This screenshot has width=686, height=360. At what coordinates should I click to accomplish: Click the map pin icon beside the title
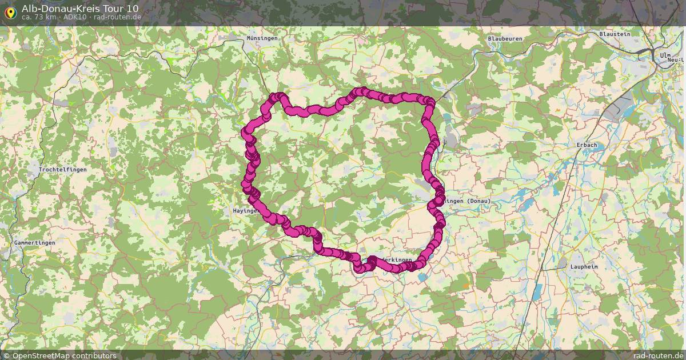click(x=10, y=11)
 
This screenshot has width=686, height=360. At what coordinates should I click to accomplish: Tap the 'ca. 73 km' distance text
click(x=39, y=17)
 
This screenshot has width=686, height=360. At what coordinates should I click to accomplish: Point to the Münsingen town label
click(x=262, y=38)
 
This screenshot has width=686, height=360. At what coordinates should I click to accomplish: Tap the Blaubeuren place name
click(x=505, y=39)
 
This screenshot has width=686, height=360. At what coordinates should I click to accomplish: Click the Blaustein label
click(x=615, y=34)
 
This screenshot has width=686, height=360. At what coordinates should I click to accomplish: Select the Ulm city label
click(x=665, y=55)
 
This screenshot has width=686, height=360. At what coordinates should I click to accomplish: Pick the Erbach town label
click(x=587, y=145)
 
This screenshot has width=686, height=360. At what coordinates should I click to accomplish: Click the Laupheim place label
click(x=584, y=267)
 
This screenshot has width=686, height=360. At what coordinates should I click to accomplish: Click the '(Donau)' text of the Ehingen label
click(x=478, y=201)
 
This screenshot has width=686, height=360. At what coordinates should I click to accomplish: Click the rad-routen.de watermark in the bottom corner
click(x=658, y=355)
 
